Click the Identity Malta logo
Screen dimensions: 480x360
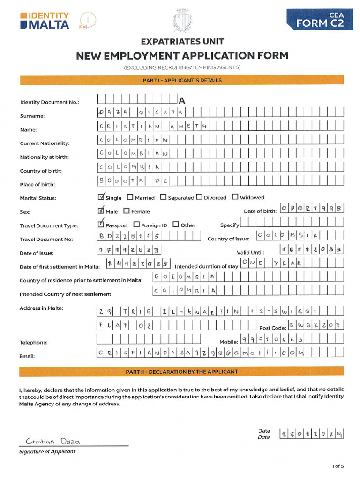[45, 20]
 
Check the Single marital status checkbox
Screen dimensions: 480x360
[101, 197]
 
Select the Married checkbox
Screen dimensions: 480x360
[130, 197]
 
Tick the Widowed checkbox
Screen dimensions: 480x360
[235, 197]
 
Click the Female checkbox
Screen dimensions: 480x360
[127, 211]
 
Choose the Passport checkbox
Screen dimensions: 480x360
[101, 225]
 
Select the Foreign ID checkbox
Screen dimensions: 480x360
[137, 225]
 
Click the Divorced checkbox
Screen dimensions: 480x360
[199, 197]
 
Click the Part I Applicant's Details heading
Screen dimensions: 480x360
[182, 80]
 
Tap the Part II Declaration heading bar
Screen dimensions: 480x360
[182, 372]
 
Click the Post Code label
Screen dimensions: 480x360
[272, 328]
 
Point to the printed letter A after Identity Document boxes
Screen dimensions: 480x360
[182, 101]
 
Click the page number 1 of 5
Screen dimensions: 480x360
[338, 466]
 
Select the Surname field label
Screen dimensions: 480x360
[32, 116]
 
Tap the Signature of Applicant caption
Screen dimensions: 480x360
[47, 452]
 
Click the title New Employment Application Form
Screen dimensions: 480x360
[182, 56]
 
